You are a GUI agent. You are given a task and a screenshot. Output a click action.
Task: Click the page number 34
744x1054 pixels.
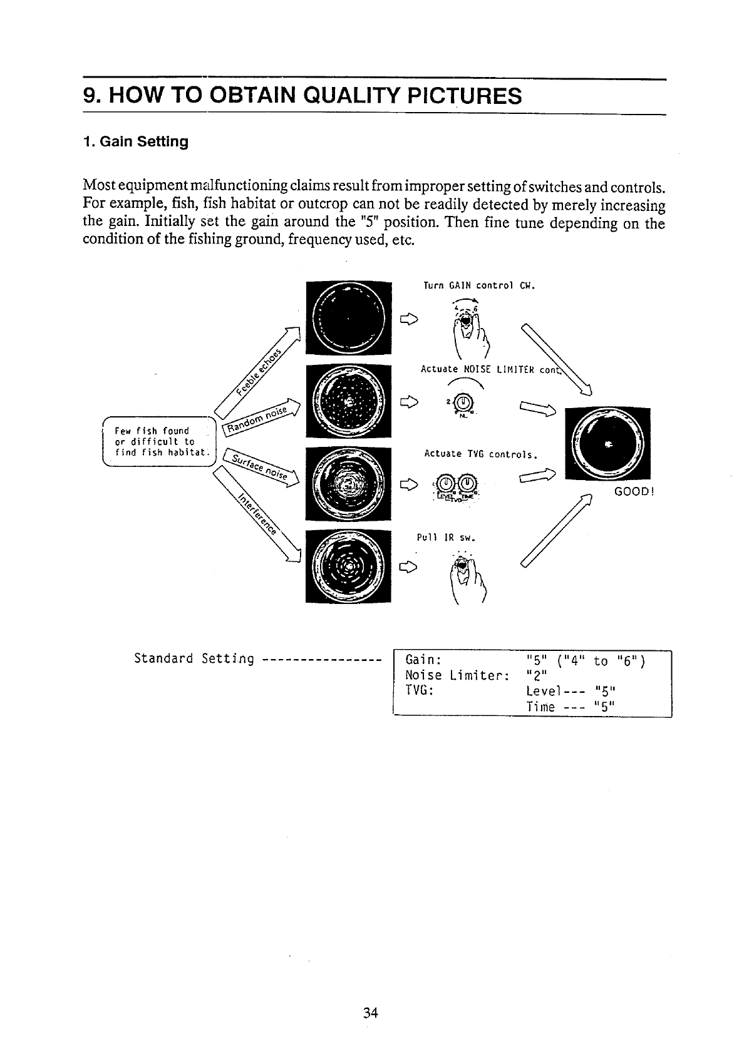(x=370, y=1013)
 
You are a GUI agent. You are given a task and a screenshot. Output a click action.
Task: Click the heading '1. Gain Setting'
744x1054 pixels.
(x=135, y=141)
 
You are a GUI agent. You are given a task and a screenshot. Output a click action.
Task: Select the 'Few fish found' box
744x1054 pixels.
(x=158, y=441)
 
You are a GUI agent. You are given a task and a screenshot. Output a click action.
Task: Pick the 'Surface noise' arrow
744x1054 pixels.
(x=261, y=467)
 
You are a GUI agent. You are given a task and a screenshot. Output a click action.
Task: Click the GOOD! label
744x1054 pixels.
(x=634, y=491)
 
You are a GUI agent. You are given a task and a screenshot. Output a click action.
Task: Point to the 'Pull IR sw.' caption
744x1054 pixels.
(x=447, y=537)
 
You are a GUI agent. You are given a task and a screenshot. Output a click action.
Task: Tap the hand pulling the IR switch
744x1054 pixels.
(x=465, y=578)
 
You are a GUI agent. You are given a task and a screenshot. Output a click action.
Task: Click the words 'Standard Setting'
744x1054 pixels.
(x=194, y=658)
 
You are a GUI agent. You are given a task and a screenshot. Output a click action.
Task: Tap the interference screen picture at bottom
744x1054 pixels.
(x=348, y=566)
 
